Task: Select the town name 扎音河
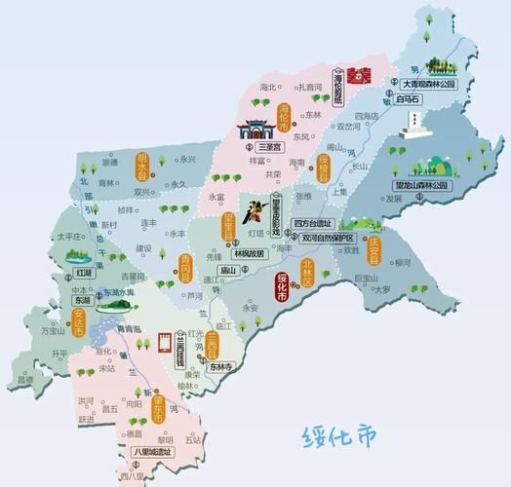[310, 87]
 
